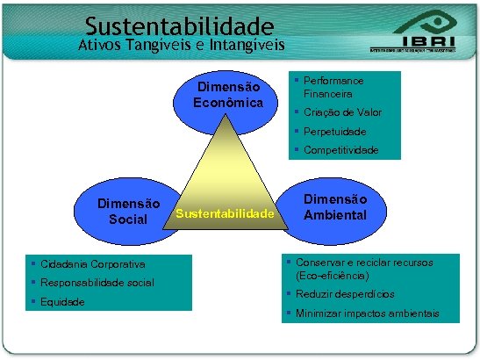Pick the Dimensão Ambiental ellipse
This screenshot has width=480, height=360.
[336, 207]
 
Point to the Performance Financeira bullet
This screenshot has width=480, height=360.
[333, 87]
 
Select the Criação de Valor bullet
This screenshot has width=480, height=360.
[342, 112]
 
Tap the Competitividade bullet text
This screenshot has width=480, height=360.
[341, 150]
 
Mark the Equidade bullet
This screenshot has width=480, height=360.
[61, 301]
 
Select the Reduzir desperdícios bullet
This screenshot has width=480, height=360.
[345, 294]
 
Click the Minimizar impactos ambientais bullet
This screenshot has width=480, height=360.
[367, 313]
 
